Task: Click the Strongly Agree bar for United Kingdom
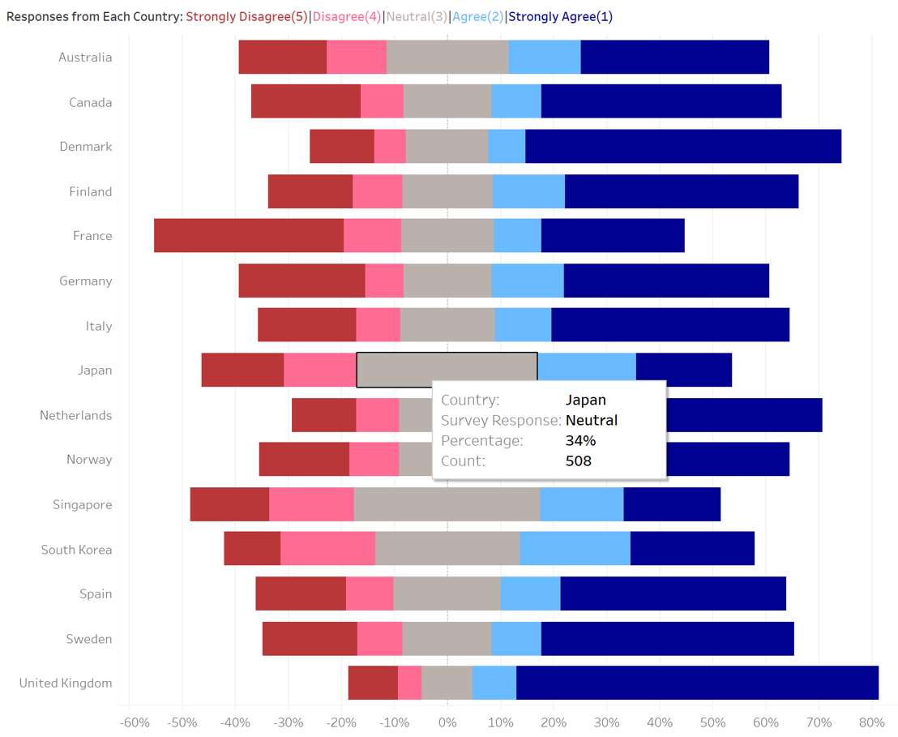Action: (x=697, y=683)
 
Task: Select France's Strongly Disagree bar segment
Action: (x=249, y=236)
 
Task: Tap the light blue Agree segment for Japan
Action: (x=587, y=370)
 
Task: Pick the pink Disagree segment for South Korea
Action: (x=327, y=549)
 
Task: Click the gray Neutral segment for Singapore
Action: (x=447, y=504)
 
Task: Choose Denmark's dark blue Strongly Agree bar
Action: (x=683, y=147)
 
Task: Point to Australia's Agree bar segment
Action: (x=545, y=57)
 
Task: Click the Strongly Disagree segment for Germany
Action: (x=301, y=281)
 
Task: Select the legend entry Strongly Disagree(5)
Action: (x=246, y=16)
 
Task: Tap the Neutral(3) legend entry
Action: (x=416, y=16)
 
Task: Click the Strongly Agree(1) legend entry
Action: (x=561, y=16)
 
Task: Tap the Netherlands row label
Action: (x=76, y=415)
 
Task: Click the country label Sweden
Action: (x=89, y=639)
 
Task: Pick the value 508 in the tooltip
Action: (x=579, y=461)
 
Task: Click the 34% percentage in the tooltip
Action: (x=580, y=441)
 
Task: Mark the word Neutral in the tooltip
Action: (x=592, y=420)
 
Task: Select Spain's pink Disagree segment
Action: (x=370, y=593)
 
